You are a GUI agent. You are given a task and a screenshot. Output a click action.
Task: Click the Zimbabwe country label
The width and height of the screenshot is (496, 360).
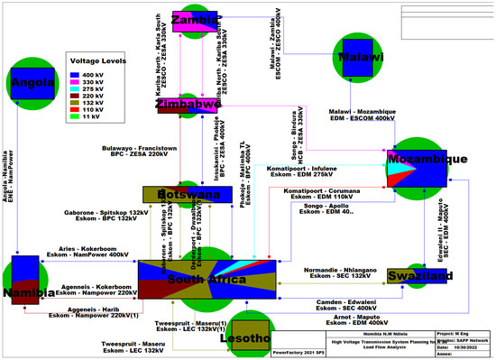189,105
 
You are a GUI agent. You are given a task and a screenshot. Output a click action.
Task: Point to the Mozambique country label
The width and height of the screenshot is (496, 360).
427,159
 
